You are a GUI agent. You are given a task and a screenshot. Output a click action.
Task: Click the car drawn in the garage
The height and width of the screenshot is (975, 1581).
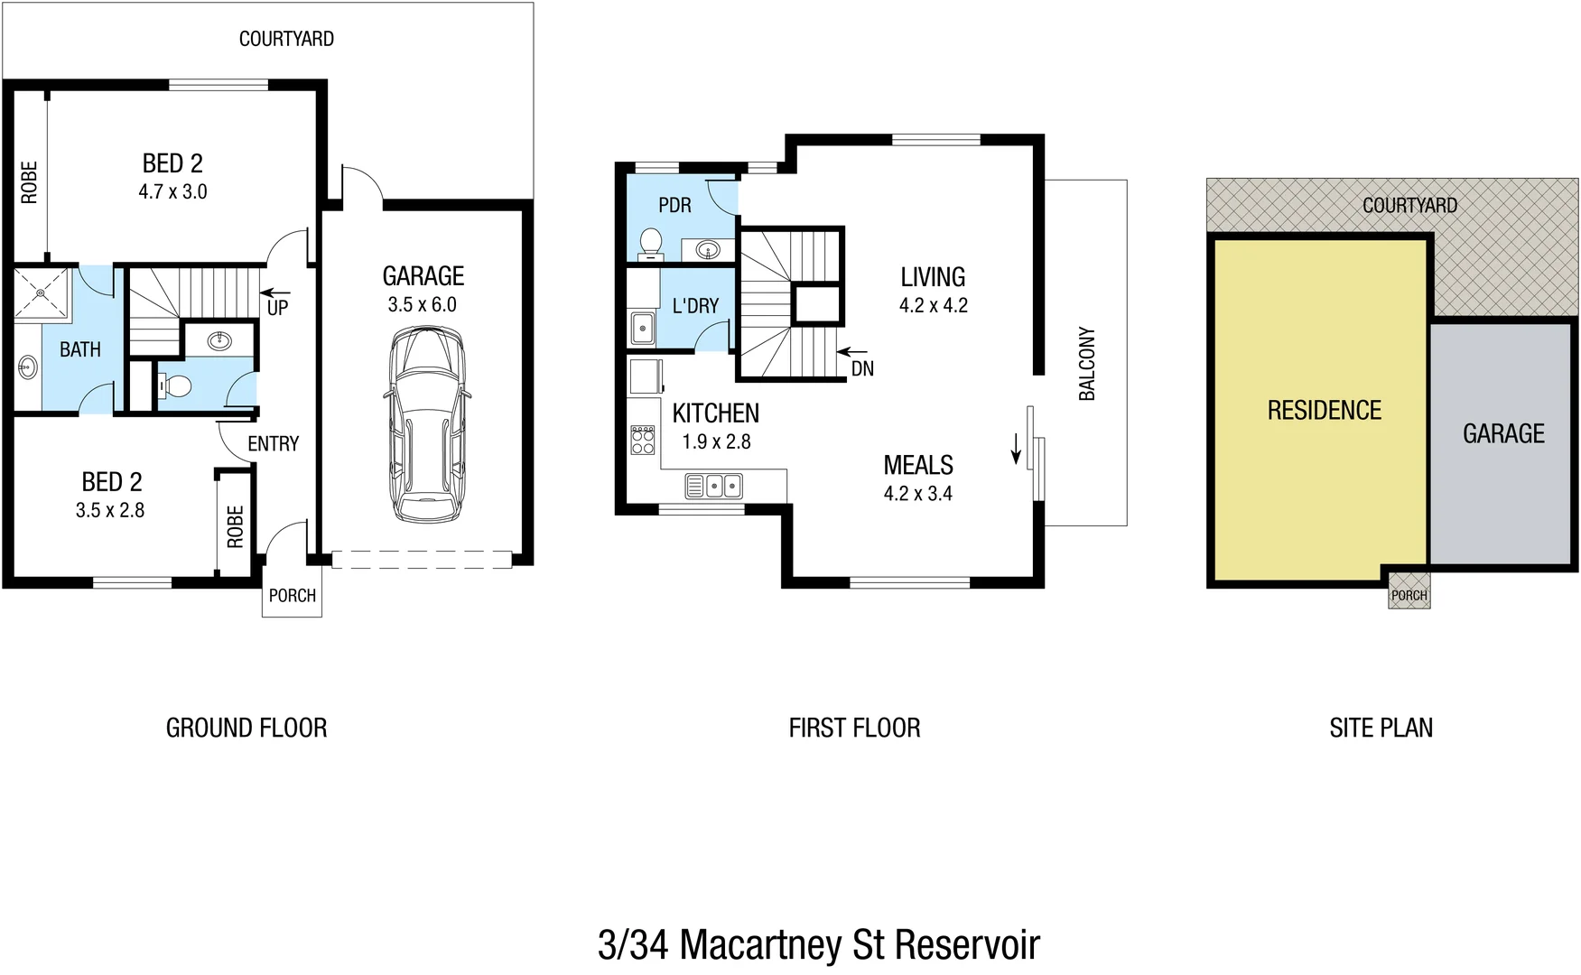[x=428, y=424]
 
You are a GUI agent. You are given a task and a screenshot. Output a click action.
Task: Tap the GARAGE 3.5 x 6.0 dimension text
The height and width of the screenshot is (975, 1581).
[x=423, y=305]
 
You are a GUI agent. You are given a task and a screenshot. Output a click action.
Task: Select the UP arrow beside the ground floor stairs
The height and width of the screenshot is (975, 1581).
[x=275, y=293]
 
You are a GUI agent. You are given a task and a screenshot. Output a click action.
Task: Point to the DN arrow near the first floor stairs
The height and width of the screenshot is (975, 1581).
[x=852, y=351]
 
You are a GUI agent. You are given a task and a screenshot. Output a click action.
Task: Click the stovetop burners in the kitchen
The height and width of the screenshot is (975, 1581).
[x=643, y=441]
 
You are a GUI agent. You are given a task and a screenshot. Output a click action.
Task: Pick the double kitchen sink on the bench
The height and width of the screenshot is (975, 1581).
[x=714, y=486]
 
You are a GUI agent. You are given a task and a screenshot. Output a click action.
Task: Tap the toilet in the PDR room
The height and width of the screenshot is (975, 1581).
[x=650, y=243]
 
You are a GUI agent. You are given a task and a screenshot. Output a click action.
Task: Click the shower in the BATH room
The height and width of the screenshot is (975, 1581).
[x=42, y=292]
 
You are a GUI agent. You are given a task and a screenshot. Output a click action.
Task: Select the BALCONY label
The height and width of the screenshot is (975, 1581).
[x=1087, y=364]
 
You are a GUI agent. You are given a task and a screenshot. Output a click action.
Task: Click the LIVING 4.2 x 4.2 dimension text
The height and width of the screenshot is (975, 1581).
[x=933, y=306]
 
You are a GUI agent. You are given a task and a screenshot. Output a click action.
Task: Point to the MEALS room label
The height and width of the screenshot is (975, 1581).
[x=918, y=465]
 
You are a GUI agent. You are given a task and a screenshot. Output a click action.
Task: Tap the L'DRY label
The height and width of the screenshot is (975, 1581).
[x=695, y=306]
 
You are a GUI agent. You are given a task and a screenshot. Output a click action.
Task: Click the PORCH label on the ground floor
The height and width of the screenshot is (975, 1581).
[x=293, y=596]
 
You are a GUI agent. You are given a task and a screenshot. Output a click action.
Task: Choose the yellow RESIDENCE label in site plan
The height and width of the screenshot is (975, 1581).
[x=1324, y=411]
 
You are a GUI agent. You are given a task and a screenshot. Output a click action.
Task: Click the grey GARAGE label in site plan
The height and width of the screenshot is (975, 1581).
[x=1503, y=434]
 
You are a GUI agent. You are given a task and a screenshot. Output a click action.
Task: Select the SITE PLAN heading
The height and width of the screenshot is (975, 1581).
[x=1381, y=728]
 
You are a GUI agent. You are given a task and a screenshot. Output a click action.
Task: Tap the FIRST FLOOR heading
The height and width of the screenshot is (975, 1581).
[x=854, y=728]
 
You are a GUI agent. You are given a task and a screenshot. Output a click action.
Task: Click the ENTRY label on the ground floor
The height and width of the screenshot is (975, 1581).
[x=273, y=443]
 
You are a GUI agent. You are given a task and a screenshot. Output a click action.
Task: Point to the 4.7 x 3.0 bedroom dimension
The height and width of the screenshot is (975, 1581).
[x=172, y=192]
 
